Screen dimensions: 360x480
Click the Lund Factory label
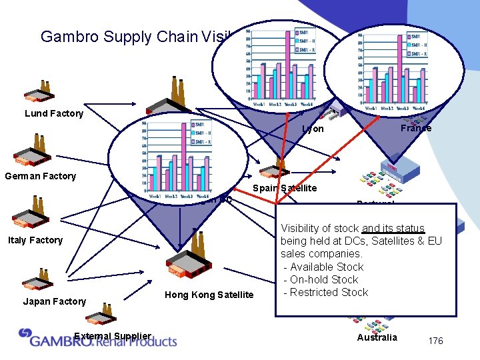coord(54,113)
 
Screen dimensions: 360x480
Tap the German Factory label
coord(40,176)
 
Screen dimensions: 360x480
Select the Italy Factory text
coord(35,240)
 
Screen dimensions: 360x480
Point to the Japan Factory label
coord(55,301)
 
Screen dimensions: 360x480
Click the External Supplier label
coord(113,335)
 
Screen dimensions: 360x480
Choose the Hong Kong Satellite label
coord(209,295)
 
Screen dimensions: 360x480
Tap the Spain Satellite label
coord(285,188)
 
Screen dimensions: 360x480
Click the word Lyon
coord(313,129)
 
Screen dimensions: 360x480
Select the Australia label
coord(377,337)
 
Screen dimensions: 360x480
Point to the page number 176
coord(435,341)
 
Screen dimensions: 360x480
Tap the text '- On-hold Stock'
coord(321,279)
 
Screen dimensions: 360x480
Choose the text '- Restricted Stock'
coord(326,292)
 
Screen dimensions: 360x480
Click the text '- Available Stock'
coord(324,267)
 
